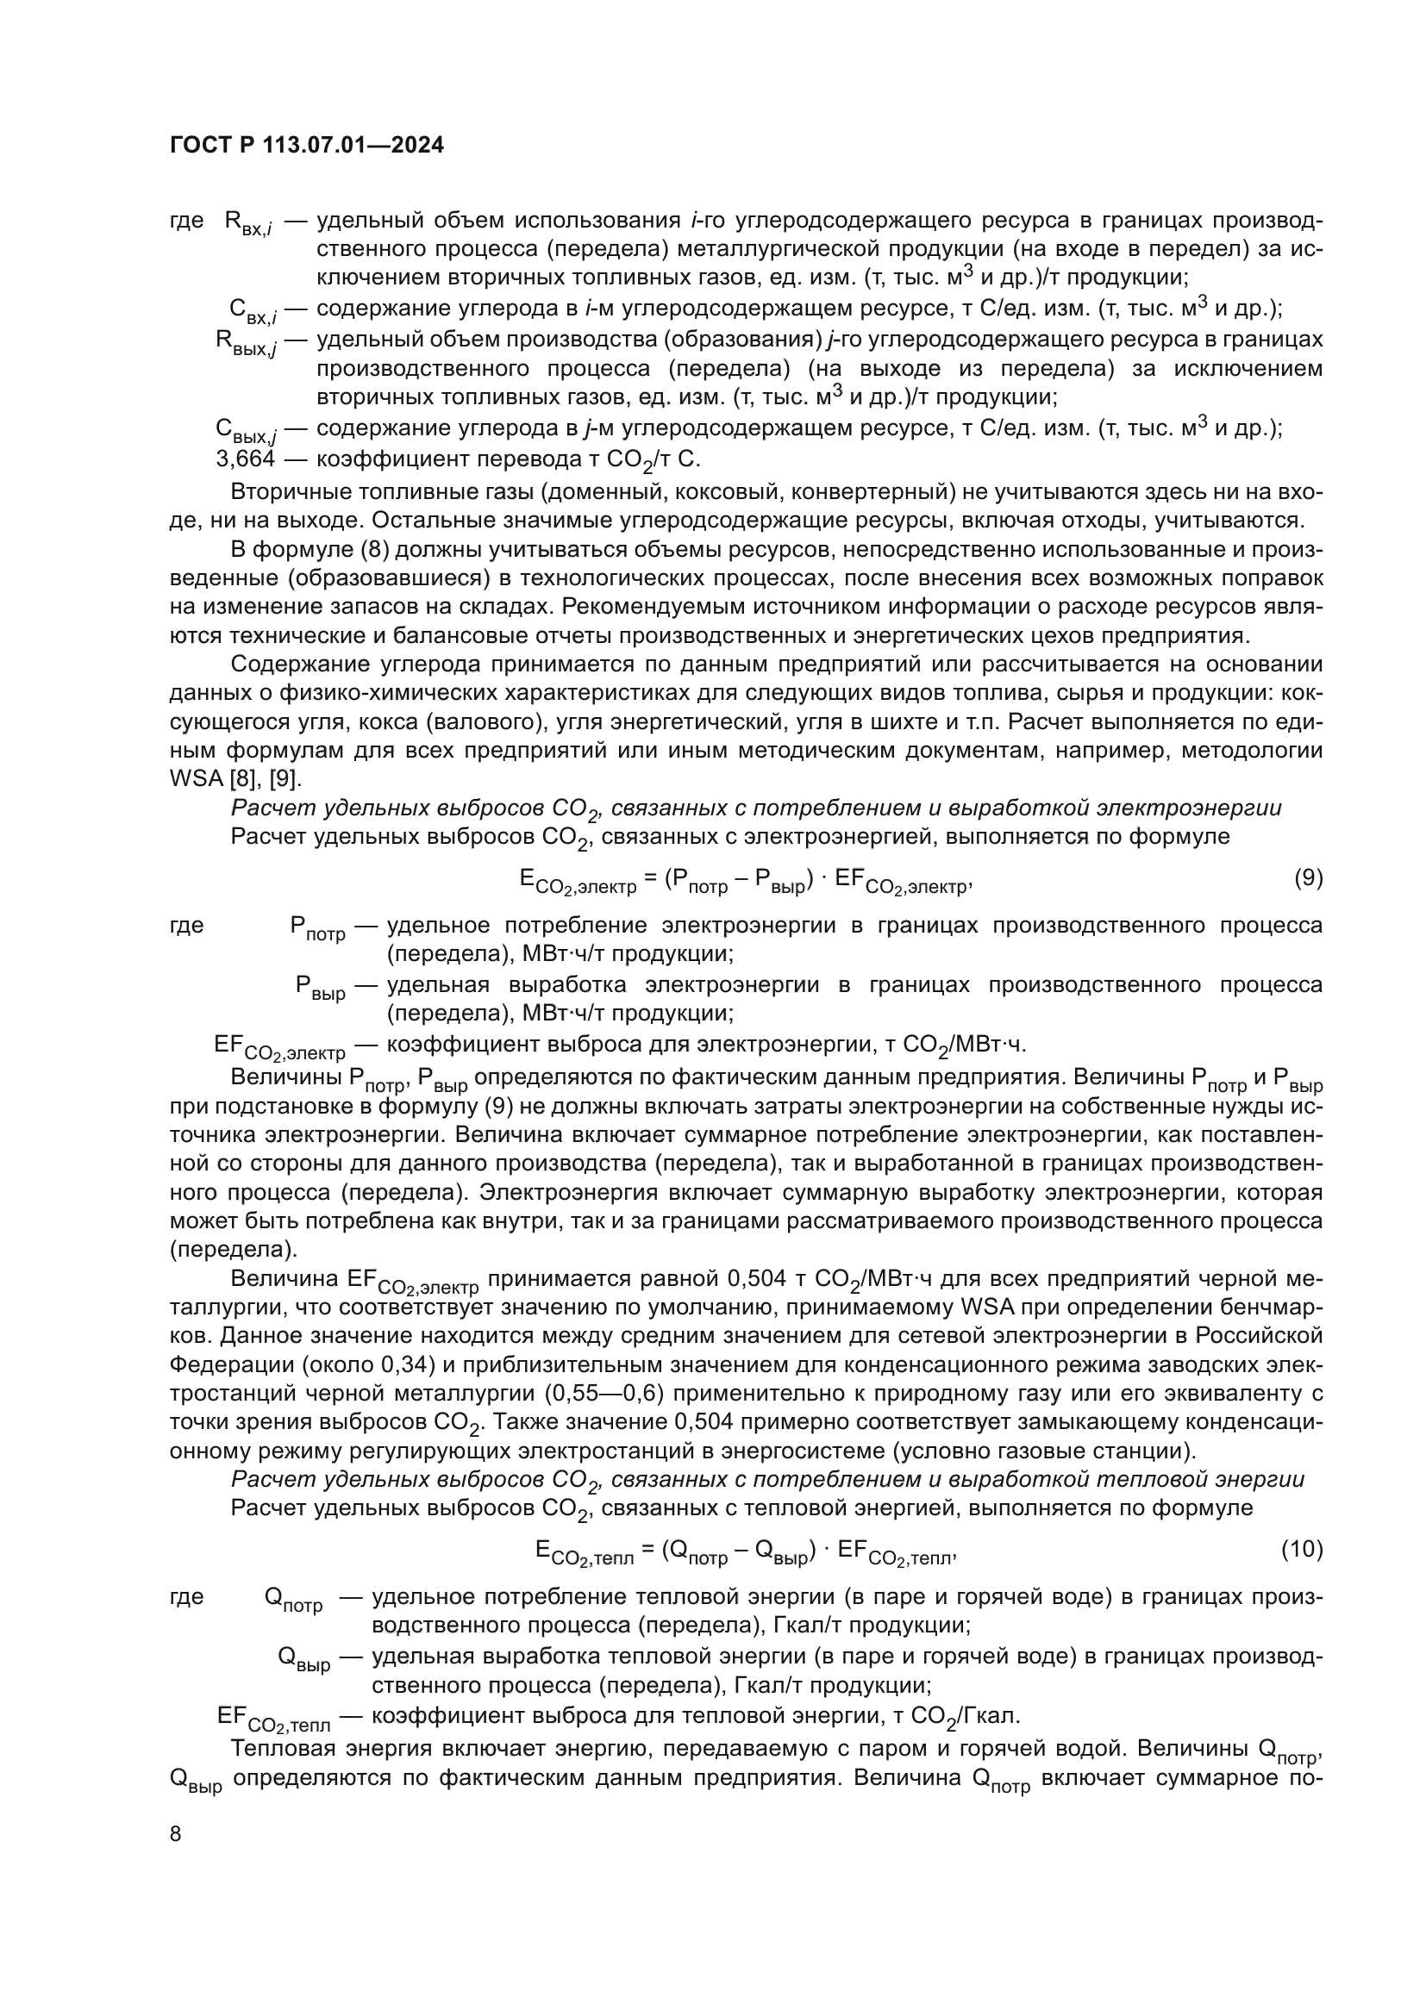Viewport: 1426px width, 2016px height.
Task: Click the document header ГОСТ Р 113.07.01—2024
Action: point(306,146)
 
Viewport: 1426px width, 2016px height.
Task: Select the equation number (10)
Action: point(1301,1548)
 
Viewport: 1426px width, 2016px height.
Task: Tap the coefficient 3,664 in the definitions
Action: point(245,459)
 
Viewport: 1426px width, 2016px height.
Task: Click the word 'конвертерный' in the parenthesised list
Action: point(909,491)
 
